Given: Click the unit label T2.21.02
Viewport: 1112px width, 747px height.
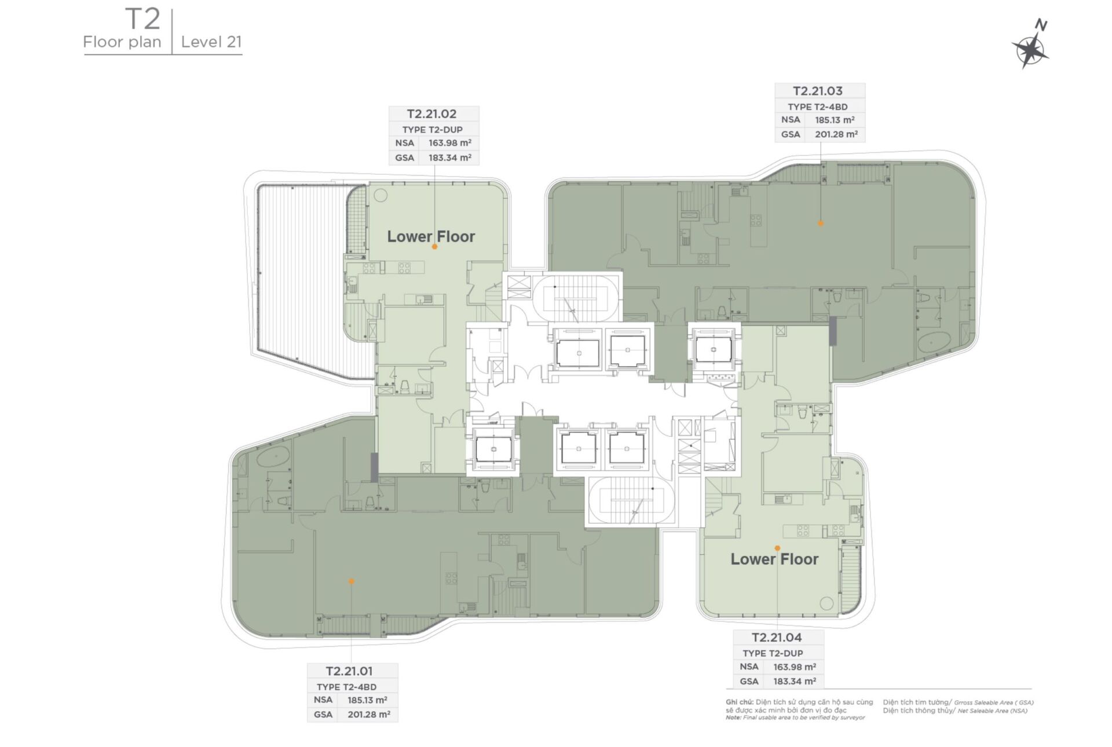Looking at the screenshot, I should pos(431,114).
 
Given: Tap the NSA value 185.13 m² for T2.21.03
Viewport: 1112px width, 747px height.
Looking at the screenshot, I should pos(835,120).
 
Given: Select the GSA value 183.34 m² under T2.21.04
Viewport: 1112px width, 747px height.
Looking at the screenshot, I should pos(794,682).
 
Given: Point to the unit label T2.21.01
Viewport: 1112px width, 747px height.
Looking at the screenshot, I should pos(349,671).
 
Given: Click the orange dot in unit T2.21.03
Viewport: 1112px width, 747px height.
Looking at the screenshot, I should pos(820,223).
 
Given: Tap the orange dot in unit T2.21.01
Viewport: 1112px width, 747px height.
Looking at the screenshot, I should pos(351,581).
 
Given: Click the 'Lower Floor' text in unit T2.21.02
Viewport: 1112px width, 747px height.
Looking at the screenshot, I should pos(431,236).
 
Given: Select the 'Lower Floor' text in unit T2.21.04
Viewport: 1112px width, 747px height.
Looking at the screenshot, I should pos(774,559).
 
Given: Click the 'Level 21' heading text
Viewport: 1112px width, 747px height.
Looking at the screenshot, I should pos(211,42).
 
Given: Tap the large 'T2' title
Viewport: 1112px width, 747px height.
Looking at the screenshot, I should pos(142,19).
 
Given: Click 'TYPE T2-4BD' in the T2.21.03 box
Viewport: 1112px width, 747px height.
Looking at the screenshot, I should pos(817,107).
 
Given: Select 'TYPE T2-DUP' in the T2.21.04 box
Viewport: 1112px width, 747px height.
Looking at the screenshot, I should pos(773,653).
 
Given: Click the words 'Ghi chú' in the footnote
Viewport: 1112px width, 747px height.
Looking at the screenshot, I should pos(738,702).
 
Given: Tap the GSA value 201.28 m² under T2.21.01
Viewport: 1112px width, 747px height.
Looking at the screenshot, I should pos(368,715).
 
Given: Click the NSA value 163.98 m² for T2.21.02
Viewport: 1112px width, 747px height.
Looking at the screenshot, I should pos(449,143).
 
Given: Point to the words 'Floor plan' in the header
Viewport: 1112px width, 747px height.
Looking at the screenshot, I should pos(122,42).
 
